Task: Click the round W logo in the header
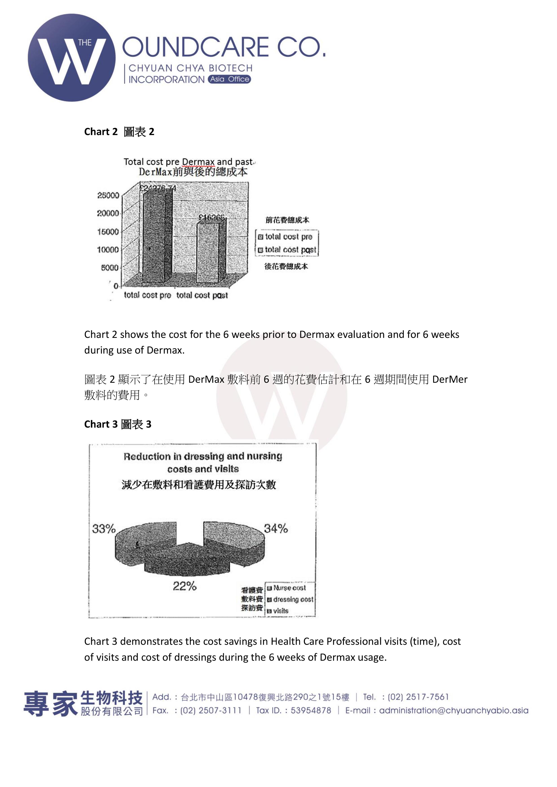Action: (x=72, y=58)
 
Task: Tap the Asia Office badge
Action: (x=229, y=79)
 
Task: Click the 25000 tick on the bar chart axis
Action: (x=108, y=195)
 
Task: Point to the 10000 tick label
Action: (x=108, y=249)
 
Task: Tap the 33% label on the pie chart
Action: (x=103, y=529)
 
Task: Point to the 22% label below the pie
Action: (x=185, y=586)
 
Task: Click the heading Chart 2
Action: (x=119, y=132)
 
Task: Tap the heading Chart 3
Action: (x=118, y=424)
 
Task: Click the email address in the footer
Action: (x=454, y=710)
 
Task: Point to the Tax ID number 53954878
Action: (x=311, y=710)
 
